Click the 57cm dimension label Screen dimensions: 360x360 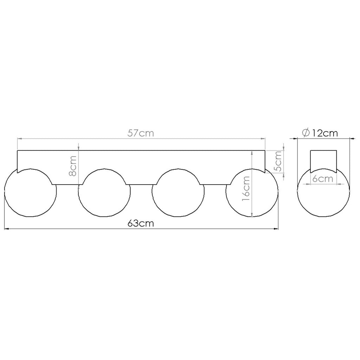pyautogui.click(x=141, y=133)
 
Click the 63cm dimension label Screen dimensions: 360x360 pyautogui.click(x=141, y=223)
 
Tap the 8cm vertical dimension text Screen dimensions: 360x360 pyautogui.click(x=73, y=166)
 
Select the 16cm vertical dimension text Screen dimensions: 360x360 pyautogui.click(x=246, y=188)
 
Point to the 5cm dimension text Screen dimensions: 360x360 pyautogui.click(x=278, y=161)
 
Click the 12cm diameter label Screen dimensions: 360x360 pyautogui.click(x=324, y=133)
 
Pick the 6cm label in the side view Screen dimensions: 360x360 pyautogui.click(x=323, y=179)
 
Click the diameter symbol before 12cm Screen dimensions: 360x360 pyautogui.click(x=306, y=133)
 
